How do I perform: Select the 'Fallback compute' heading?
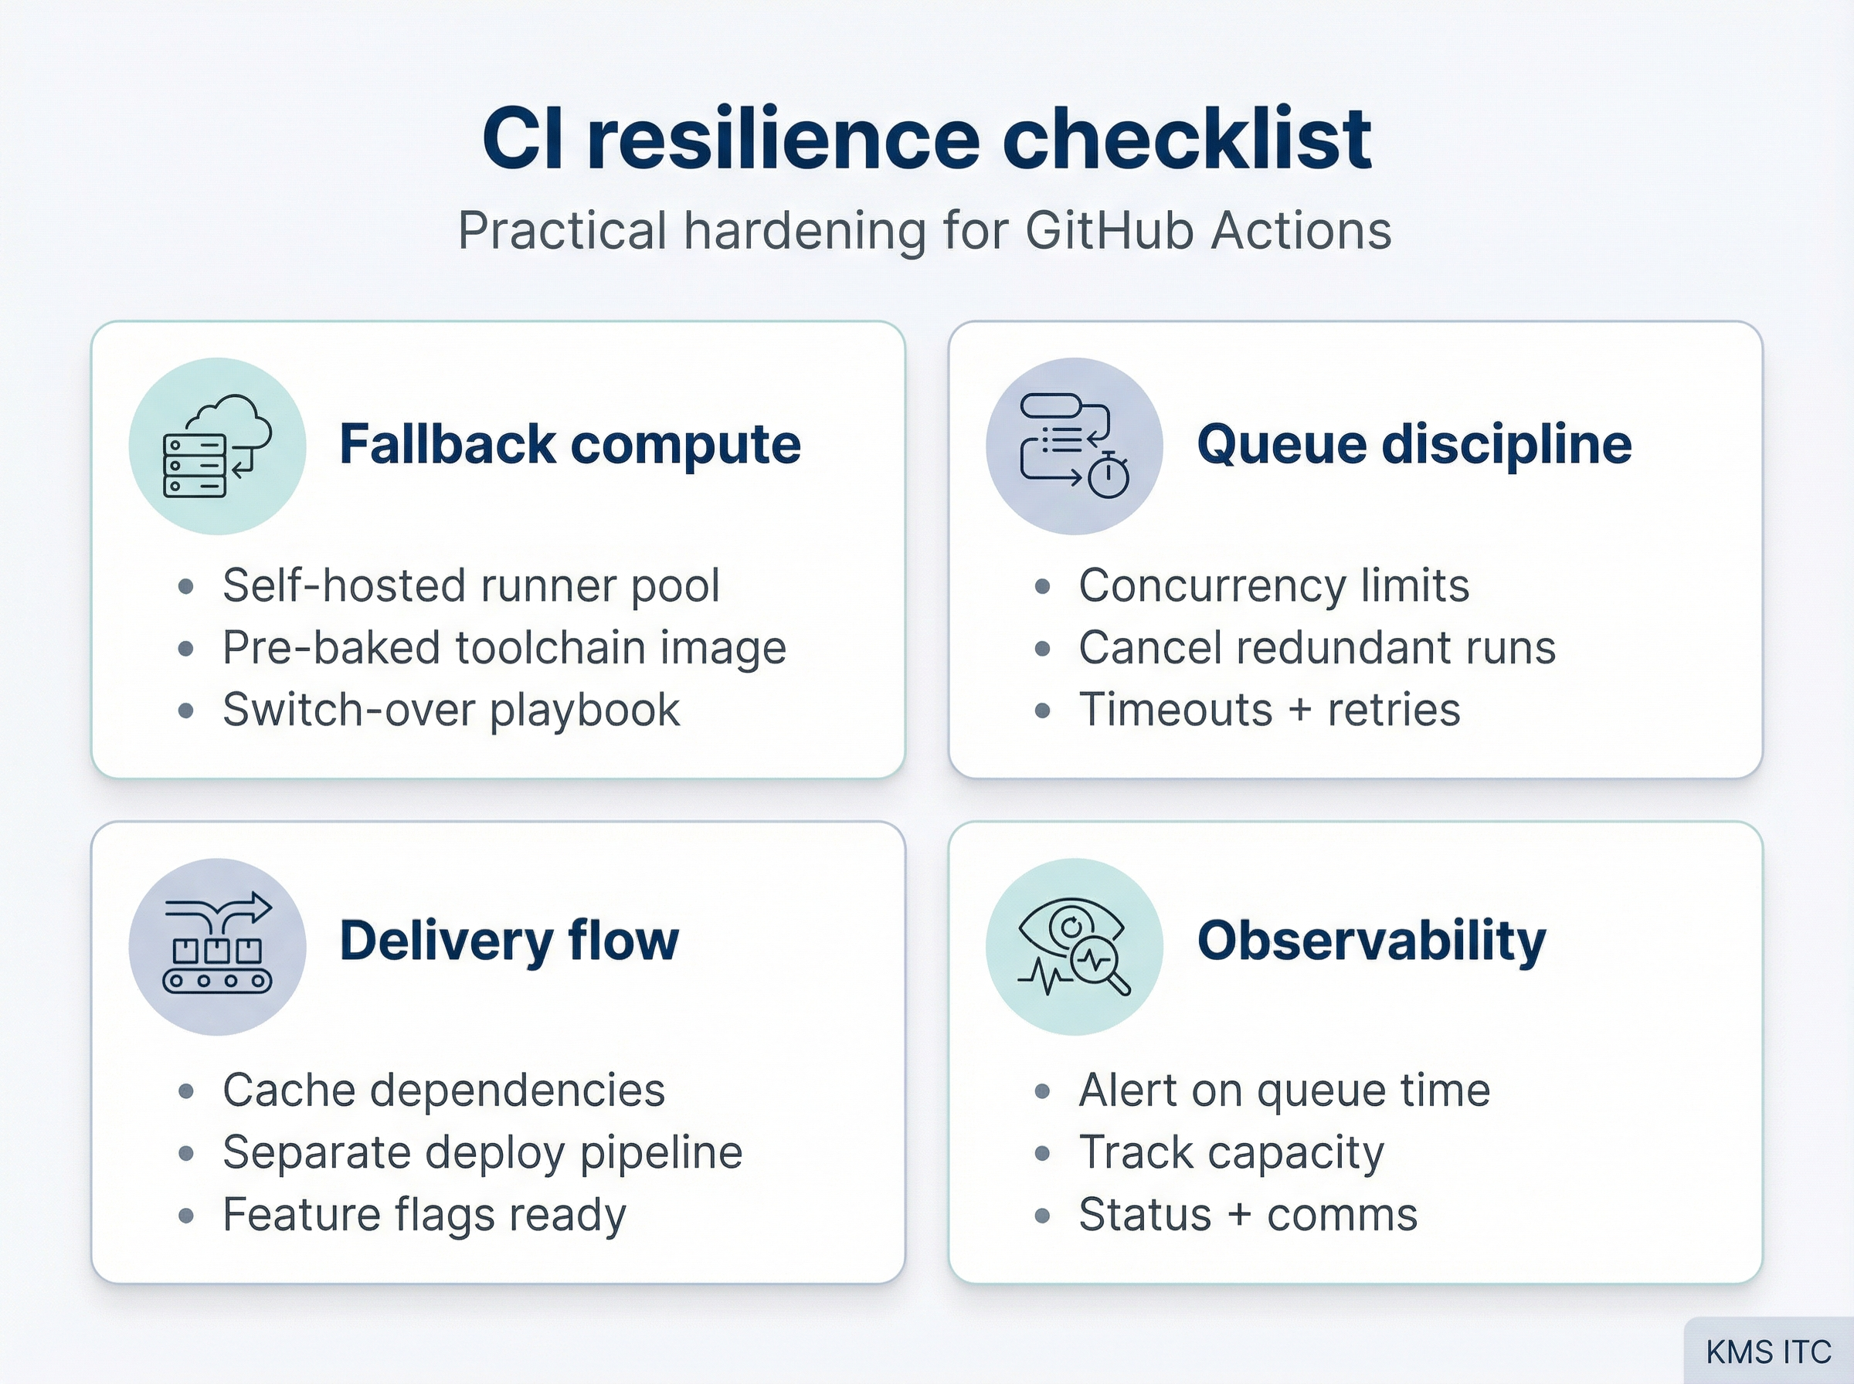(x=569, y=444)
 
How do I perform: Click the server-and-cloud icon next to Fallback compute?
(x=217, y=446)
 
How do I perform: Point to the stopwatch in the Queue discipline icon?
(x=1109, y=477)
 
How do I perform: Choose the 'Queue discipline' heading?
(x=1414, y=444)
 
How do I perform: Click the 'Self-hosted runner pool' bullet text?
(x=470, y=585)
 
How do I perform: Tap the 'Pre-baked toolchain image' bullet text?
(x=504, y=648)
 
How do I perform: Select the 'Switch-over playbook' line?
(x=450, y=711)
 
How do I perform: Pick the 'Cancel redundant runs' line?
(x=1317, y=648)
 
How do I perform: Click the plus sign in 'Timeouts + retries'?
(x=1299, y=711)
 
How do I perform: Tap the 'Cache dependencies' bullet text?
(x=443, y=1091)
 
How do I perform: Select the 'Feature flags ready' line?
(x=424, y=1215)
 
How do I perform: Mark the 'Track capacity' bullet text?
(x=1231, y=1153)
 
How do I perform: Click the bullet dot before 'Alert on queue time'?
(x=1042, y=1091)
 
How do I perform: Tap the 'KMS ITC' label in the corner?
(x=1768, y=1352)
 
